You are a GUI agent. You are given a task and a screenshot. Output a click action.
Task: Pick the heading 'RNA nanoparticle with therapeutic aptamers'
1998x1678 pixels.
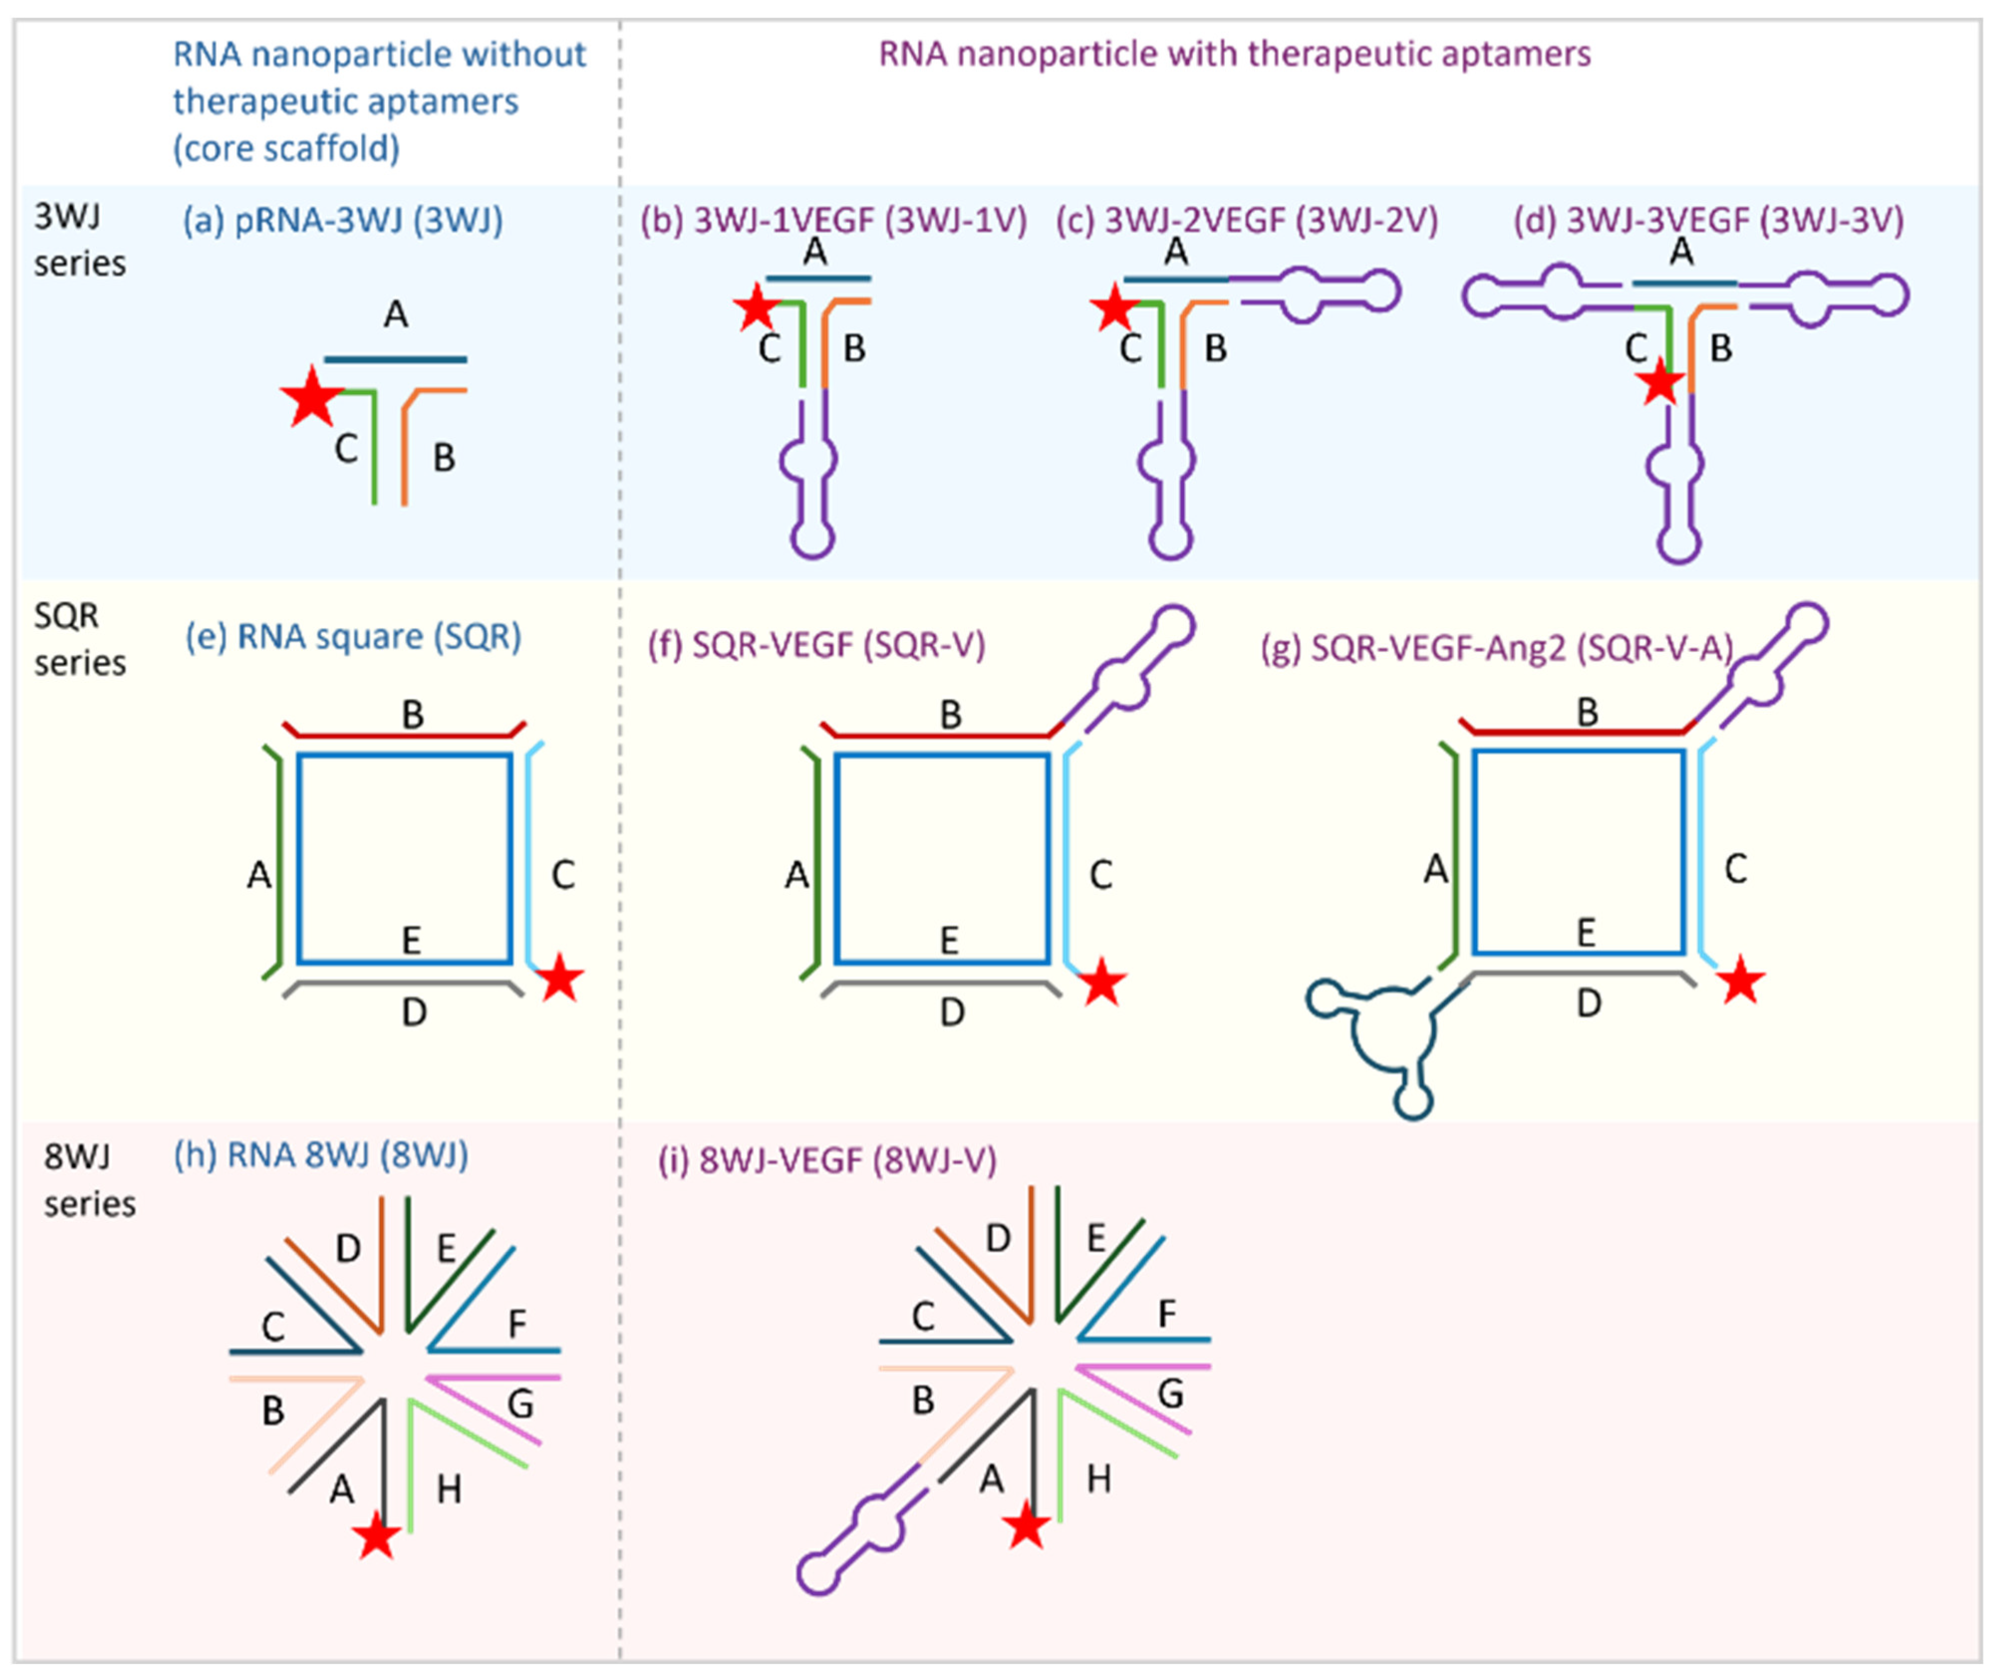[1234, 54]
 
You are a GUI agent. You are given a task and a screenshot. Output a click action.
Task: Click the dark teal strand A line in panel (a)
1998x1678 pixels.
[396, 360]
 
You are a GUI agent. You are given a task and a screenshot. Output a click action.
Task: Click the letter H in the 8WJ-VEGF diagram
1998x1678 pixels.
[1099, 1479]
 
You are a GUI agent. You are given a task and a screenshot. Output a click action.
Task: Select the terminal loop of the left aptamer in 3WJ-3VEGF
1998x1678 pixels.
[1484, 296]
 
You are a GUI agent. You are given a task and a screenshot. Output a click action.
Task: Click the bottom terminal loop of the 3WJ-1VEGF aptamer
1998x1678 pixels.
[812, 539]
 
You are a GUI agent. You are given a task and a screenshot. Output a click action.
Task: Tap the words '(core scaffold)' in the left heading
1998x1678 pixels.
[285, 148]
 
